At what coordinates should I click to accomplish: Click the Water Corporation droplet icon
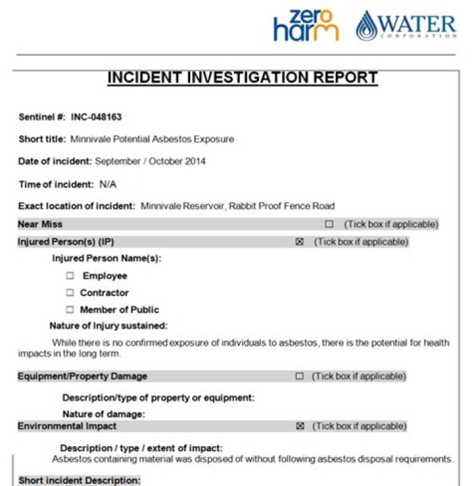click(367, 27)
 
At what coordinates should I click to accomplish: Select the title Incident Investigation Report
click(243, 78)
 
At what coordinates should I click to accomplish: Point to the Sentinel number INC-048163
click(96, 117)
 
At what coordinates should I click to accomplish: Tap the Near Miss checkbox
click(329, 224)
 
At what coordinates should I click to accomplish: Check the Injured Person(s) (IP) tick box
click(300, 242)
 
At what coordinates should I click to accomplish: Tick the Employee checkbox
click(69, 276)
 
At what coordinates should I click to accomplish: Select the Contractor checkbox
click(69, 293)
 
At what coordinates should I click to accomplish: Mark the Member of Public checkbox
click(69, 310)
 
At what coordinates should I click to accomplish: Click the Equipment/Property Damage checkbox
click(300, 376)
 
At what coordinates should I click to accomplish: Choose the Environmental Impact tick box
click(300, 426)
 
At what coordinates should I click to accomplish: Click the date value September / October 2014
click(150, 161)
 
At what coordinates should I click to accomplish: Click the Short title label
click(42, 139)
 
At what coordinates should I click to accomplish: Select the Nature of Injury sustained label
click(108, 325)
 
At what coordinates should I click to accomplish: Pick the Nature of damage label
click(103, 414)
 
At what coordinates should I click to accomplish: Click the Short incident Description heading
click(79, 481)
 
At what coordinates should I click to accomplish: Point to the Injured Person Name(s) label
click(106, 258)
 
